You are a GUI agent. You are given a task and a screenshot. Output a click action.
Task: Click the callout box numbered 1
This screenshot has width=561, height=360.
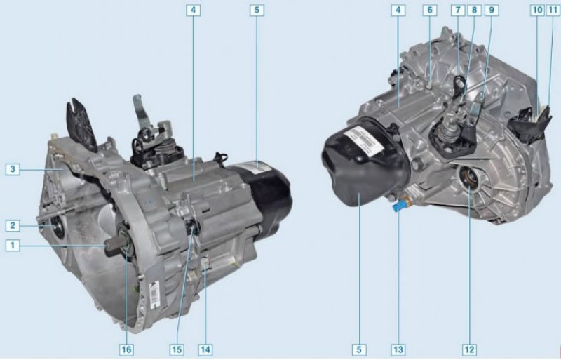coord(13,246)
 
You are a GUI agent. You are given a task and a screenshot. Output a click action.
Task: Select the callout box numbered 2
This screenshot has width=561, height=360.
coord(13,226)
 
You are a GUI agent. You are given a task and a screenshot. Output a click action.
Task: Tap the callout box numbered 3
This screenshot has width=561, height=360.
coord(13,169)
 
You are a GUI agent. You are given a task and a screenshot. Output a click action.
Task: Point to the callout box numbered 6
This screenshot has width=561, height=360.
coord(430,10)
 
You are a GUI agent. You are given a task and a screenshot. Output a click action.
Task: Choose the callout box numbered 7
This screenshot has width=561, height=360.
coord(458,10)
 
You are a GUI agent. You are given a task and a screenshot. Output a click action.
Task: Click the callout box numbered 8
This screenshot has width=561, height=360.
coord(475,10)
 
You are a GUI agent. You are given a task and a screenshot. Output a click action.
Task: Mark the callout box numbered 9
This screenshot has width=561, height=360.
coord(492,10)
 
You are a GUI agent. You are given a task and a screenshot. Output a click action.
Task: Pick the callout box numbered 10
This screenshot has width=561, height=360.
coord(537,10)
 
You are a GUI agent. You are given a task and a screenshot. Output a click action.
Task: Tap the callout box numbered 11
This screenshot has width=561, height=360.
coord(553,10)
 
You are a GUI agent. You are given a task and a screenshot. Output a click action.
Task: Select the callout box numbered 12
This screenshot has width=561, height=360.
coord(469,349)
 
